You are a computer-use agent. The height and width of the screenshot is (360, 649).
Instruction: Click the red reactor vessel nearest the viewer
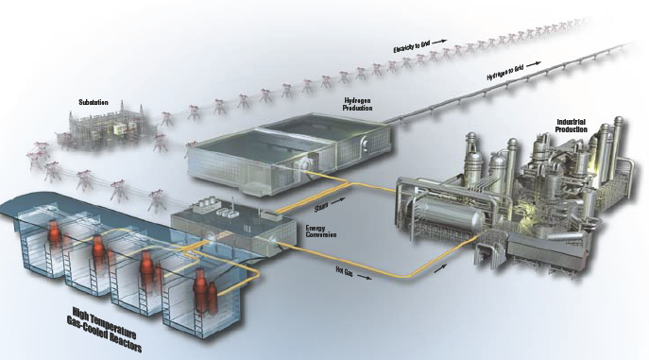point(199,292)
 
